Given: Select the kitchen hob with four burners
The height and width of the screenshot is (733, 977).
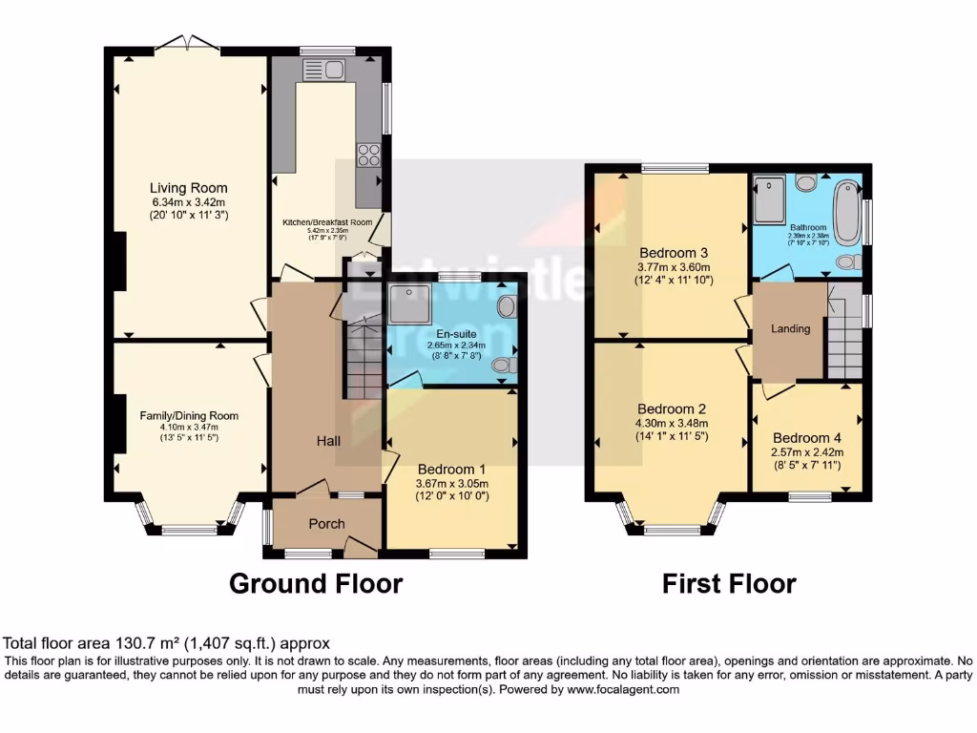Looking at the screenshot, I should click(x=368, y=155).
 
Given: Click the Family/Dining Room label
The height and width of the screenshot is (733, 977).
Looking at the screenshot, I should click(x=189, y=416).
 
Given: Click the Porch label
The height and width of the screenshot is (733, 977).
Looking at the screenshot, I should click(x=326, y=524).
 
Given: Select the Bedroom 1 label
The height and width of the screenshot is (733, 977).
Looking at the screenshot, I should click(x=452, y=470).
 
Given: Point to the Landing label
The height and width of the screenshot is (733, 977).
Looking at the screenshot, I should click(x=791, y=329).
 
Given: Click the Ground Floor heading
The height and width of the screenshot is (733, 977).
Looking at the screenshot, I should click(x=316, y=583).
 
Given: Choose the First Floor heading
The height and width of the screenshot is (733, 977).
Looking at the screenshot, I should click(x=729, y=583).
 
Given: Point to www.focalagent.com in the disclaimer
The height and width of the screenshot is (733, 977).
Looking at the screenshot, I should click(x=622, y=689).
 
